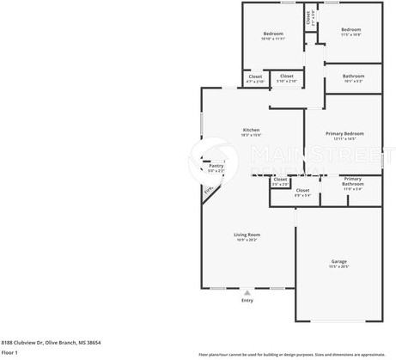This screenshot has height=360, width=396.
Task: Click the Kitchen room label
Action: point(251,130)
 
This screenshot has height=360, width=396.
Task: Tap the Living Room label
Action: point(247,235)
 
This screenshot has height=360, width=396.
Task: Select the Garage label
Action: point(339,261)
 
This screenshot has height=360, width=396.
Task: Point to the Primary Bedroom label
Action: point(343,134)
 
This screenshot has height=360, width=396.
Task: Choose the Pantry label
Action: point(216,166)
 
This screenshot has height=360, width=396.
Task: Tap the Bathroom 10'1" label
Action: point(353,76)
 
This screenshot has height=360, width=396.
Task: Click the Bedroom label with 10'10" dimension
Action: point(272,34)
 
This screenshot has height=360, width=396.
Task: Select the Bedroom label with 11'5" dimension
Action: point(350,31)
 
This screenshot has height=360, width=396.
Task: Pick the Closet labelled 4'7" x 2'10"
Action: point(255,77)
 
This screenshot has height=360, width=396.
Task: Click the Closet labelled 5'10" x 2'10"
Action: point(287,76)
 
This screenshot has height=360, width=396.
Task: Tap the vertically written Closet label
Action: point(310,15)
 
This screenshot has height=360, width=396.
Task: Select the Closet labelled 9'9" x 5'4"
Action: point(302,191)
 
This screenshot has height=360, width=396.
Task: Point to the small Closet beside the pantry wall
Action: point(280,180)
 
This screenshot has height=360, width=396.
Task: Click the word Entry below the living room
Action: point(247,300)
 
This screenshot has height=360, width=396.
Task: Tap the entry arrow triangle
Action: point(247,292)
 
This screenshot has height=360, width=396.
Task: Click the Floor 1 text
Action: point(9,352)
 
